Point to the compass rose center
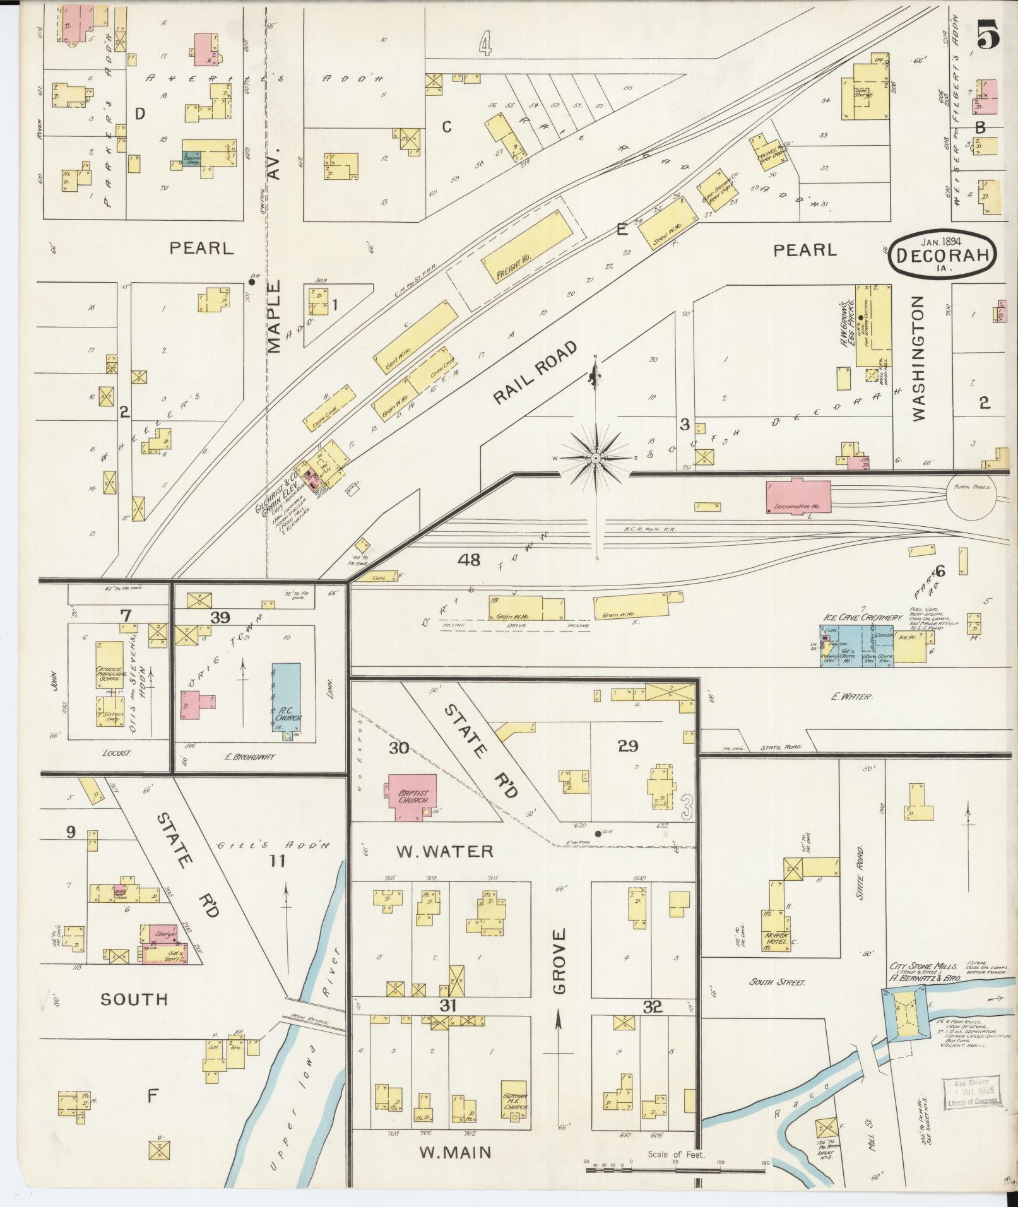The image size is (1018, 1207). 595,457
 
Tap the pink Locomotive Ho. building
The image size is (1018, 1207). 796,496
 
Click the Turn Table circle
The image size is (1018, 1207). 973,495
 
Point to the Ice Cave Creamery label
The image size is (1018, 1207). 861,617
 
